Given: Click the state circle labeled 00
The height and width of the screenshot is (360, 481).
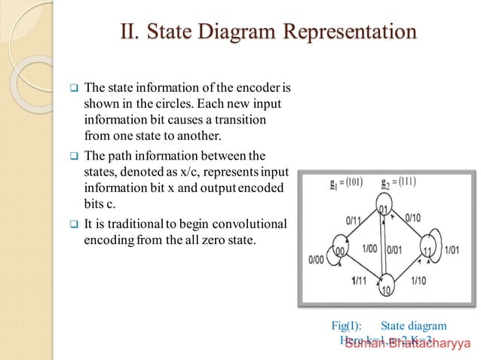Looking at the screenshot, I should coord(339,251).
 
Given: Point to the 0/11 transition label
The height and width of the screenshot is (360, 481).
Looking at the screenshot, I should coord(354,222).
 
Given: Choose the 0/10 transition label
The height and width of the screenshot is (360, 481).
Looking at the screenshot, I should coord(412,218).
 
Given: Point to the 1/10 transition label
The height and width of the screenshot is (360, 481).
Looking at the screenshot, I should coord(419,281).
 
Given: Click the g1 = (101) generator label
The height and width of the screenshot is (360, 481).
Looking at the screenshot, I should coord(323,182).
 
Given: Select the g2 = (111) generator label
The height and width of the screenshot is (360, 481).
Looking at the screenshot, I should coord(399,182).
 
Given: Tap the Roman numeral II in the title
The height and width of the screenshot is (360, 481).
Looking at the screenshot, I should coord(130,32).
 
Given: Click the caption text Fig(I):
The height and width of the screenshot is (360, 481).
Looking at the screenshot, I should coord(347,326).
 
